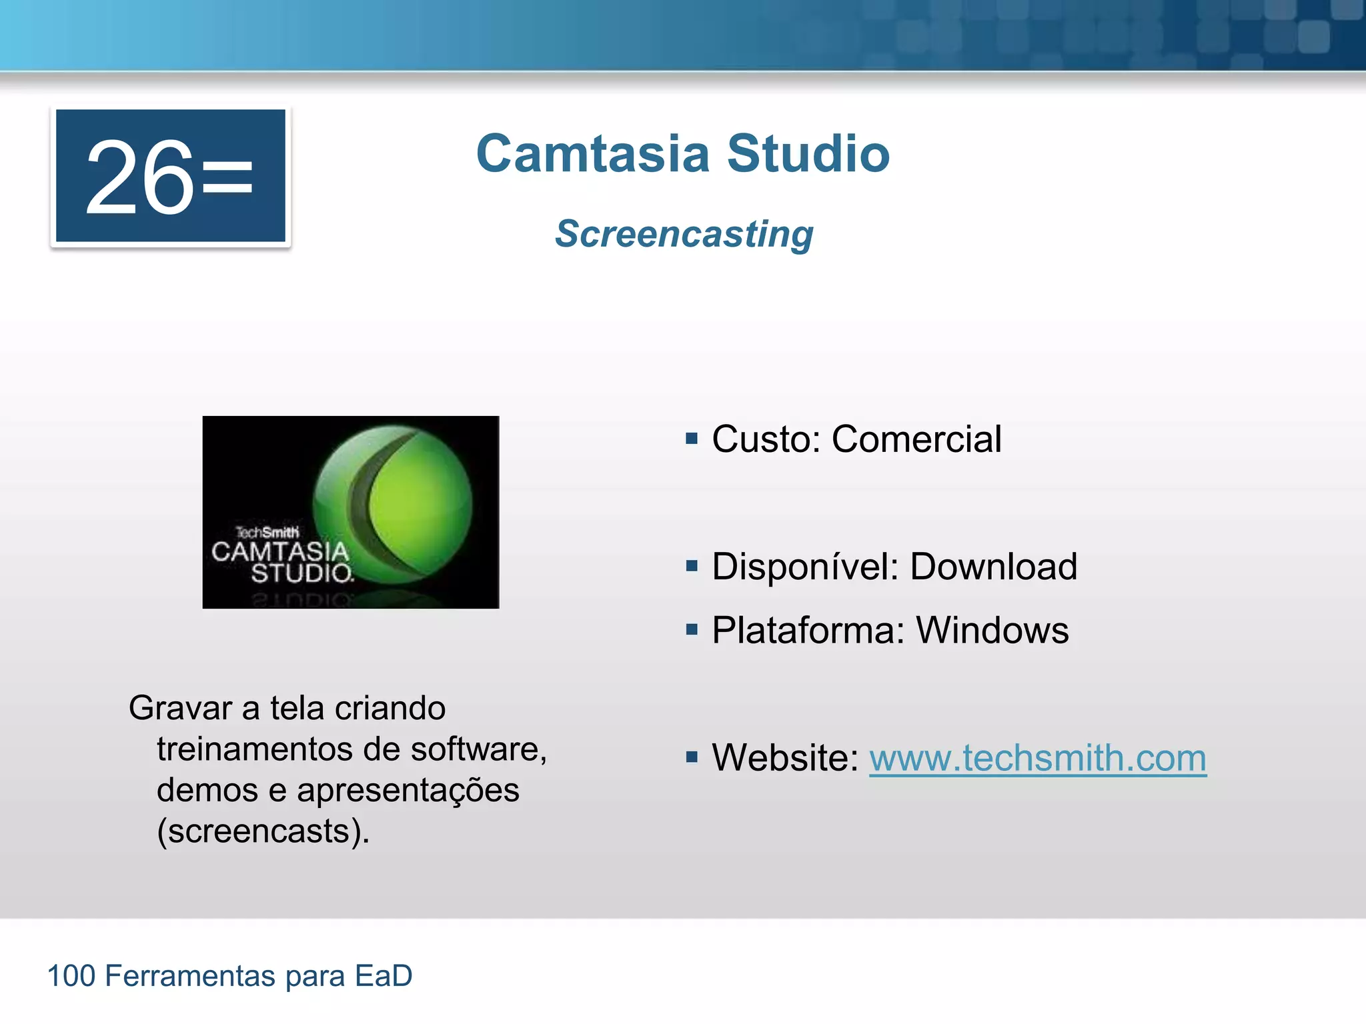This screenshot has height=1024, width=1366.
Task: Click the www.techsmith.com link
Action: click(x=1037, y=758)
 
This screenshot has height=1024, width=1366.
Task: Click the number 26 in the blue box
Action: click(x=139, y=178)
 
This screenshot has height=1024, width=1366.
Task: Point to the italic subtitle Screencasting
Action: click(x=684, y=234)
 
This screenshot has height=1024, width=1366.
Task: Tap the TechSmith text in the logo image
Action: click(x=267, y=532)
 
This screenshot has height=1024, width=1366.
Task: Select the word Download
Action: click(x=993, y=567)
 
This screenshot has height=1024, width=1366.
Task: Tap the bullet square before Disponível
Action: click(x=692, y=567)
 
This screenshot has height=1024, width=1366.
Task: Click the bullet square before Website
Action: click(x=692, y=757)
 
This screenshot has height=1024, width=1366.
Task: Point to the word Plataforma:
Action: click(x=808, y=630)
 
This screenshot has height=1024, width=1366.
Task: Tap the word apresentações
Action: click(x=408, y=791)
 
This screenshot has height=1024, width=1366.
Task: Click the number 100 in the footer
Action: click(x=71, y=976)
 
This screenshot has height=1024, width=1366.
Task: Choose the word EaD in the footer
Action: click(x=384, y=976)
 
